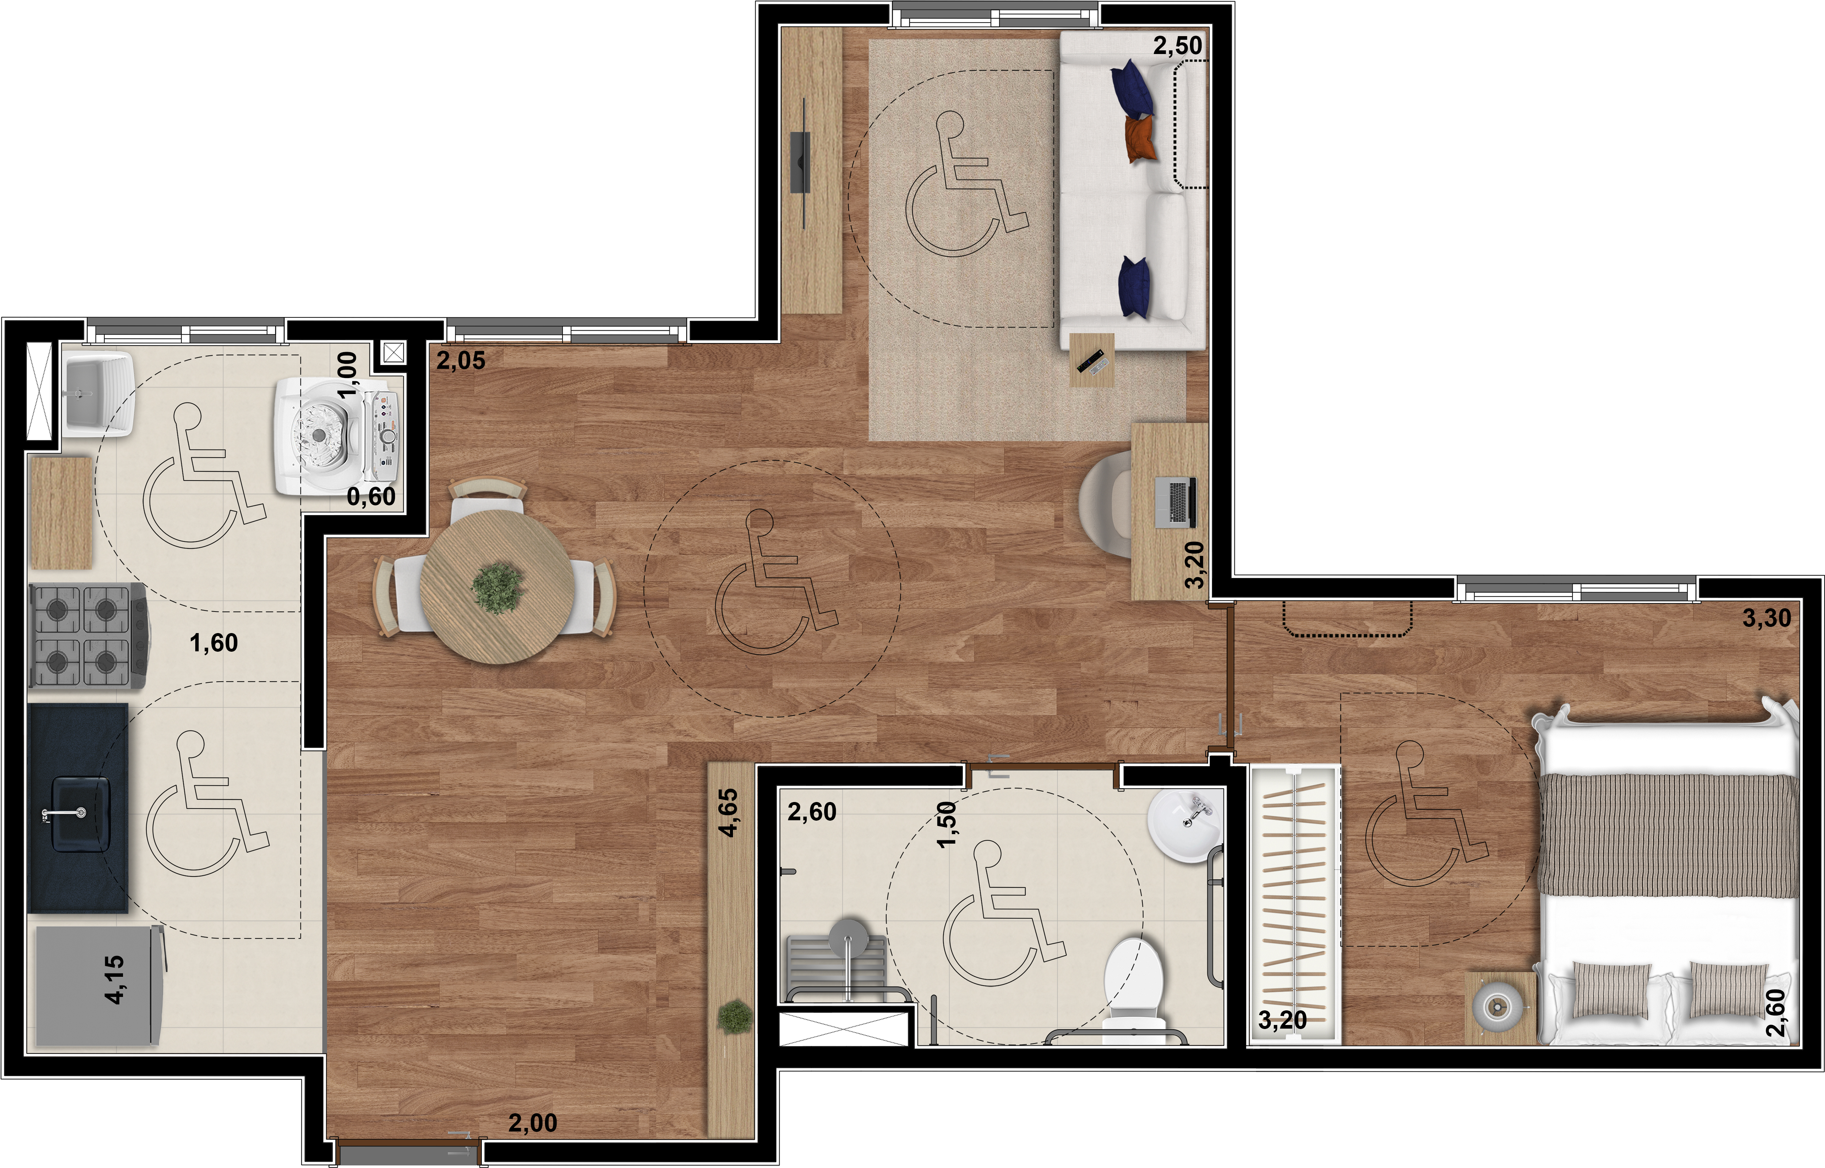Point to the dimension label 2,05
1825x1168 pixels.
coord(460,360)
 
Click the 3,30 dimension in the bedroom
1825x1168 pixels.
coord(1767,618)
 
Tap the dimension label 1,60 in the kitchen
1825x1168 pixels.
coord(214,643)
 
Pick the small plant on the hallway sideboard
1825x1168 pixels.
coord(734,1016)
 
